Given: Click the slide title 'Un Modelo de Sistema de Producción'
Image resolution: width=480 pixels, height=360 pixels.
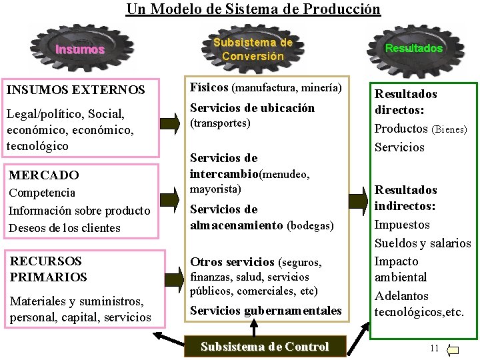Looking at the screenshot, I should [x=253, y=9].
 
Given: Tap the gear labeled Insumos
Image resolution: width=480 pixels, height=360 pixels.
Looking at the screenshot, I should [x=80, y=49].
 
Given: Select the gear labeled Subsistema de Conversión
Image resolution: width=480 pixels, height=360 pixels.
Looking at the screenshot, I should [x=253, y=49].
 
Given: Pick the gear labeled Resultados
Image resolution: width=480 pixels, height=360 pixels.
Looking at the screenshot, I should [x=413, y=48].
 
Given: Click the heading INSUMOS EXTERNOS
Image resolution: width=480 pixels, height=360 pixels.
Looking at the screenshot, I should [x=75, y=89].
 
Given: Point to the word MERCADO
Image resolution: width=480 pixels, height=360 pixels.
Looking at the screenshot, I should [x=43, y=175].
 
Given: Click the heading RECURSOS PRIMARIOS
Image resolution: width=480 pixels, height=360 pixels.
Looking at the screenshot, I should [x=48, y=269].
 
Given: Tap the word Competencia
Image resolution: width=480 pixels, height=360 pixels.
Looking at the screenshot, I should [x=41, y=193].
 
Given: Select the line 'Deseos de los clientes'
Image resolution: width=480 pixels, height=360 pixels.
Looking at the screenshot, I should [x=64, y=228].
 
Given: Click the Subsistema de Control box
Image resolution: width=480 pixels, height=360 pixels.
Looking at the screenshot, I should [x=265, y=347].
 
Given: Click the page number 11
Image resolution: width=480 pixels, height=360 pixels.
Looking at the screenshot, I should [x=435, y=348].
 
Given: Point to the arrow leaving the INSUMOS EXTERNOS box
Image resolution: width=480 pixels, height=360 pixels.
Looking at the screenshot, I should [x=171, y=123].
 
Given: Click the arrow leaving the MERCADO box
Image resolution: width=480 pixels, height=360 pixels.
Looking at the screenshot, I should [x=171, y=198].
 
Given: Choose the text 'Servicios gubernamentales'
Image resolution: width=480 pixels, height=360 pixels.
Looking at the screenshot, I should [x=265, y=310].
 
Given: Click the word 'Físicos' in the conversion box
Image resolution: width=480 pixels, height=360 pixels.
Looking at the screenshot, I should [x=209, y=87].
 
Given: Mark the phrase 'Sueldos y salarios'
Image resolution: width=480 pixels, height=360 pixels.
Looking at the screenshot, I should [x=423, y=243].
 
